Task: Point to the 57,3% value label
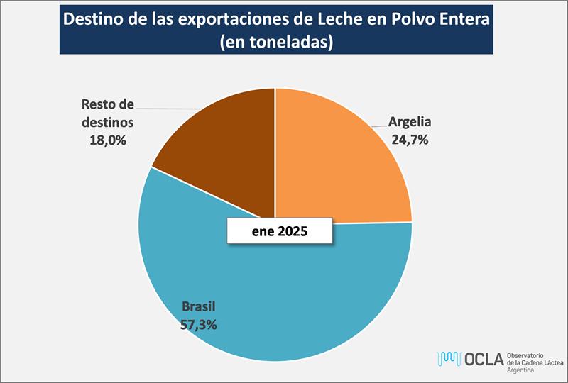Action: pos(199,325)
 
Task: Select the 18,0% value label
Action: pos(108,140)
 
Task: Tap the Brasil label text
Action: pos(199,308)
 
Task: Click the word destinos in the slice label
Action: pos(108,123)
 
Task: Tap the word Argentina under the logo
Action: pos(523,371)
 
